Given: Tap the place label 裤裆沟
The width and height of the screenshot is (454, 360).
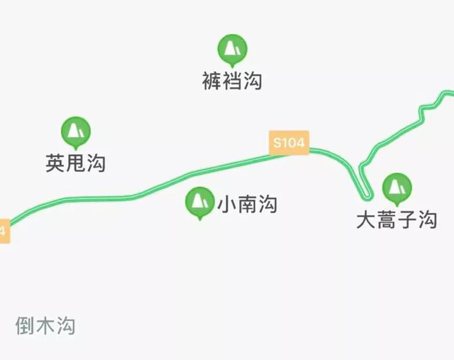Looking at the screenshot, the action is [x=232, y=81].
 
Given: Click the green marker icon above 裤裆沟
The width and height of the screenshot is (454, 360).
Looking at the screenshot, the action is [x=232, y=49].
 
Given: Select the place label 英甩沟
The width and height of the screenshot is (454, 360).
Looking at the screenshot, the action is [x=76, y=164].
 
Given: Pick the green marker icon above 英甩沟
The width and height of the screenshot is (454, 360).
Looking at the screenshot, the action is [x=76, y=131].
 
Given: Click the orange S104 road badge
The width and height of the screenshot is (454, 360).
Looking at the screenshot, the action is [x=289, y=143].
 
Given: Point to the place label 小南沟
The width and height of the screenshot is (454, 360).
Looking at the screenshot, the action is [x=247, y=204].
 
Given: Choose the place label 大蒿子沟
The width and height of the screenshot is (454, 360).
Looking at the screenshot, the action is [x=396, y=220].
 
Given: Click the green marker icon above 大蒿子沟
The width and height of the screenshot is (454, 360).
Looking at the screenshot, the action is [x=397, y=187].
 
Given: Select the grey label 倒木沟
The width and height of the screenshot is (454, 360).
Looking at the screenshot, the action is [x=45, y=326].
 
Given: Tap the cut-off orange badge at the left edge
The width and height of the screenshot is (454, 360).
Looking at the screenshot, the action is [x=3, y=231].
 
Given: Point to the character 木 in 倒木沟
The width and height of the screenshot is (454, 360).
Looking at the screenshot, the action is [x=45, y=326].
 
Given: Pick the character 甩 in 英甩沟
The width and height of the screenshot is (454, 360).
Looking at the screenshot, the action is [x=76, y=164].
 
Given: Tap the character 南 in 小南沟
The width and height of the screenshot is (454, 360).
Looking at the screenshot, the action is [x=247, y=204].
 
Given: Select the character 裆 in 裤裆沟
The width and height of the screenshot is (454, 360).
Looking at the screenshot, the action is [x=232, y=81].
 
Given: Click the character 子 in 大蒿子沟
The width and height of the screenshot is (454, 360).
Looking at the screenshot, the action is [x=407, y=220].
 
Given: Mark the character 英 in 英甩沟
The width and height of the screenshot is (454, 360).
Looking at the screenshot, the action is [x=55, y=164].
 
